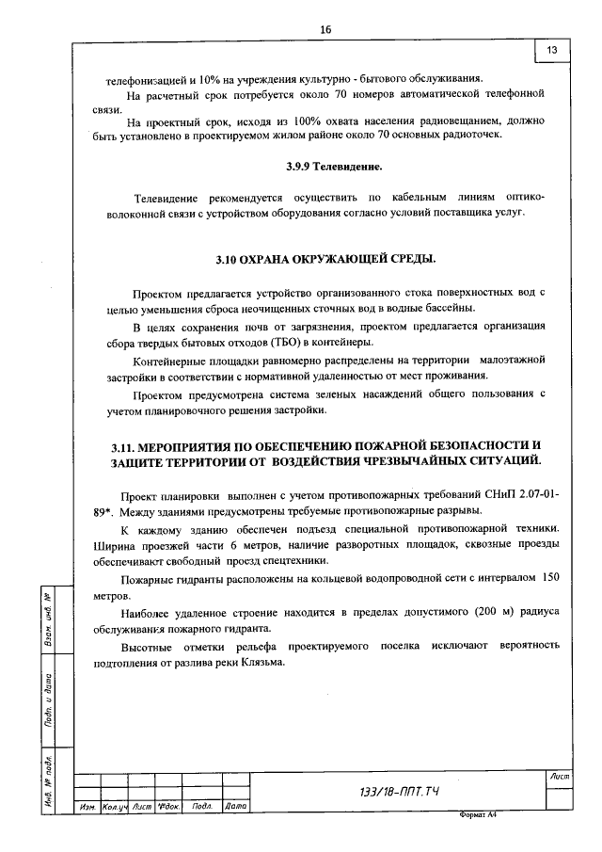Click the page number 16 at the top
(x=325, y=29)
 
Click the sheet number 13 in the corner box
(x=551, y=49)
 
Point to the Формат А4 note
(x=477, y=816)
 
